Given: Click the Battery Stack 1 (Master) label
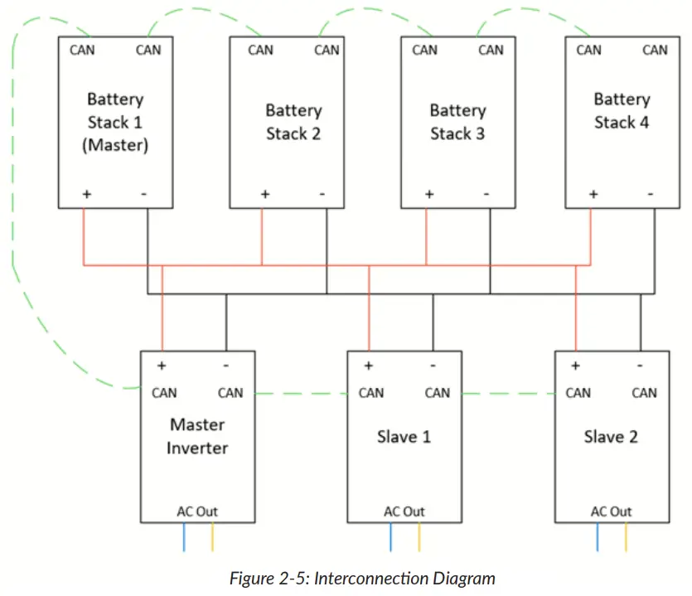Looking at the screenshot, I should pyautogui.click(x=115, y=122).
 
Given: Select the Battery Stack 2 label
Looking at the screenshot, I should pyautogui.click(x=293, y=122).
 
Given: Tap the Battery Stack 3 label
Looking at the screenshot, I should pyautogui.click(x=457, y=122).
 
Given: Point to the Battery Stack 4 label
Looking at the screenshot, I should pyautogui.click(x=622, y=111).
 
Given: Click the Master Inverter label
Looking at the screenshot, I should pyautogui.click(x=197, y=436).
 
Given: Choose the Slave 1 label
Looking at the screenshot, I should pyautogui.click(x=404, y=436).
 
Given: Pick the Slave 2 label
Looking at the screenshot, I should pyautogui.click(x=611, y=436).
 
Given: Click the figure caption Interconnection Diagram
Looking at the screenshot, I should pyautogui.click(x=362, y=579).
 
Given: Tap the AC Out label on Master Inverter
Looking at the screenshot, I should pyautogui.click(x=197, y=511).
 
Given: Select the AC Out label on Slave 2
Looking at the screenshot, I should pyautogui.click(x=611, y=511).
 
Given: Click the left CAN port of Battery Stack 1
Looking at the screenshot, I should pyautogui.click(x=82, y=50).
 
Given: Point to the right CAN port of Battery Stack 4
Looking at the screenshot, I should pyautogui.click(x=655, y=50).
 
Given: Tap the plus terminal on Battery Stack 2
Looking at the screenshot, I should pyautogui.click(x=264, y=195).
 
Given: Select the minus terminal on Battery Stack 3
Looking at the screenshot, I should pyautogui.click(x=486, y=195).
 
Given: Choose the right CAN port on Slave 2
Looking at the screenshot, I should pyautogui.click(x=644, y=393).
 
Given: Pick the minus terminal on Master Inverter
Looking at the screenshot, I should pyautogui.click(x=226, y=366).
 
